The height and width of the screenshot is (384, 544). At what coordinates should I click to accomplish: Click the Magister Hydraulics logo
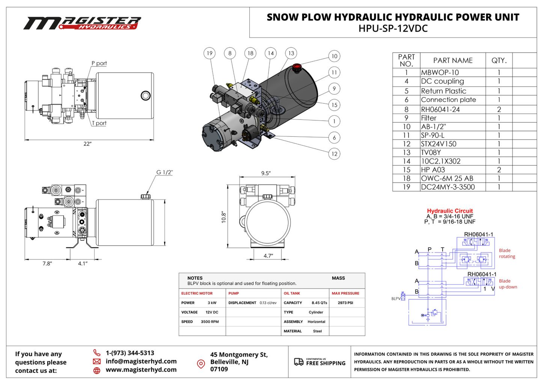(x=82, y=23)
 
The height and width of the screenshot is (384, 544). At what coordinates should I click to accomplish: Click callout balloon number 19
(x=209, y=53)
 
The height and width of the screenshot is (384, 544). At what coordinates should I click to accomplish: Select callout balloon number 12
(x=334, y=154)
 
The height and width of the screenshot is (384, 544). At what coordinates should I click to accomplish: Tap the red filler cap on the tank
(x=297, y=68)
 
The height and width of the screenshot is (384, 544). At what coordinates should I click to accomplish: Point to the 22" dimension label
(x=87, y=144)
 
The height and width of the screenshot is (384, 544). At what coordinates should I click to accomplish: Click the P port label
(x=99, y=63)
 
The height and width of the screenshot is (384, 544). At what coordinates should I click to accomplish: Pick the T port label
(x=99, y=123)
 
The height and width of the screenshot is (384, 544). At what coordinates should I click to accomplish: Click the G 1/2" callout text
(x=164, y=172)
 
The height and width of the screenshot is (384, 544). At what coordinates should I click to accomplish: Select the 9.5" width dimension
(x=266, y=173)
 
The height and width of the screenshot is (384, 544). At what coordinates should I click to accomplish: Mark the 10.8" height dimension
(x=224, y=217)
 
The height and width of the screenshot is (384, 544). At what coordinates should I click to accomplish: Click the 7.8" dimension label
(x=47, y=263)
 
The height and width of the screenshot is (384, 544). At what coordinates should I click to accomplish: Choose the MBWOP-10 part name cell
(x=440, y=73)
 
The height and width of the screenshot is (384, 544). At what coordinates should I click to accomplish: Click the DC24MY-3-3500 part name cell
(x=448, y=187)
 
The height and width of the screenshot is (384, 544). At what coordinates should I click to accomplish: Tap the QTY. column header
(x=499, y=60)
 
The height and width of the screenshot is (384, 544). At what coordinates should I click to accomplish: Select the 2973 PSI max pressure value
(x=345, y=303)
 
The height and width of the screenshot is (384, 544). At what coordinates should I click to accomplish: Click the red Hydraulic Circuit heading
(x=450, y=211)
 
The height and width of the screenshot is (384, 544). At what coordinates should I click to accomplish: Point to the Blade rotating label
(x=507, y=254)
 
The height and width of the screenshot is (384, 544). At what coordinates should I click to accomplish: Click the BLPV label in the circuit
(x=396, y=299)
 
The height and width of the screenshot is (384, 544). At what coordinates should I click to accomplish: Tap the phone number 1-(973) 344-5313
(x=130, y=353)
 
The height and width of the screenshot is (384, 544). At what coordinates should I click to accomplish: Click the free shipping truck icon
(x=299, y=362)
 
